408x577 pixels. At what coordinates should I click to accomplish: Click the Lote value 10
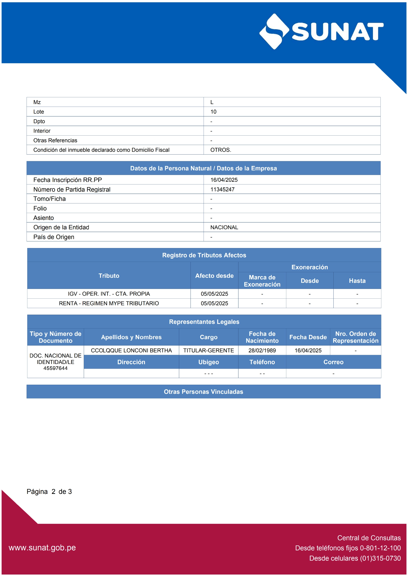pos(213,112)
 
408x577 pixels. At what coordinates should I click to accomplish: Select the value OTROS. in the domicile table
pos(221,150)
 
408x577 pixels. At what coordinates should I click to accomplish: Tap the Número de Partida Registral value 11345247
pos(222,189)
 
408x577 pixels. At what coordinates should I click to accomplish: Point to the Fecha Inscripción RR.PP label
pos(67,180)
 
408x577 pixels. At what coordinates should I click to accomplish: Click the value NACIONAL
pos(224,227)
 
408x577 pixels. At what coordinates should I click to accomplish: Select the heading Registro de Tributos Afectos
pos(204,255)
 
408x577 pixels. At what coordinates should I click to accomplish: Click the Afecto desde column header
pos(214,276)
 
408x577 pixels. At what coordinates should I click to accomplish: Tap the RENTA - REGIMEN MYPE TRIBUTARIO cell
pos(109,303)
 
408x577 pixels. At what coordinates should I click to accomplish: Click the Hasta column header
pos(357,281)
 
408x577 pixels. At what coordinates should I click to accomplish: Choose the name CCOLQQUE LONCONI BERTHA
pos(131,350)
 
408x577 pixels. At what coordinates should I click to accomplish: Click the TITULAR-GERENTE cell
pos(209,350)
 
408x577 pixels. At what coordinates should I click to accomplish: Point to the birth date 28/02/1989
pos(262,350)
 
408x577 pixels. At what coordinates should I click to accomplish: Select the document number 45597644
pos(55,368)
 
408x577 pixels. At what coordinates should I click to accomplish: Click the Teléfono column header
pos(262,362)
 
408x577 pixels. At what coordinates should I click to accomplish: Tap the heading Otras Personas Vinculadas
pos(203,392)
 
